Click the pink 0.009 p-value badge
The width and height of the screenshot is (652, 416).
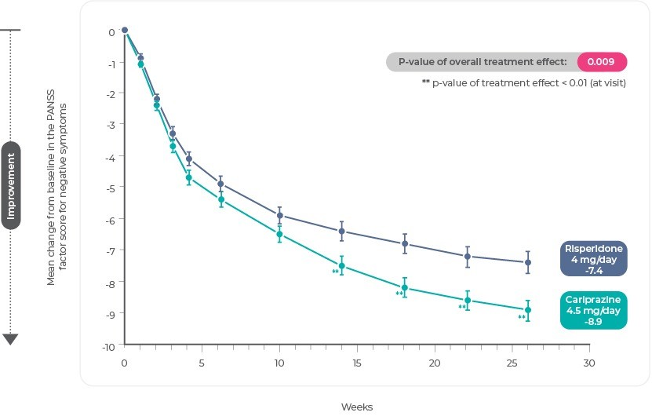point(602,62)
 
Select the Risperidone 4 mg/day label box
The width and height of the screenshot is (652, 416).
point(593,259)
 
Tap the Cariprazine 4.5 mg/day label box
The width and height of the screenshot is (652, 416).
point(593,310)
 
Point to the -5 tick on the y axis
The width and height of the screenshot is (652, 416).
point(111,188)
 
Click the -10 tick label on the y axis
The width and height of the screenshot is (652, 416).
point(109,345)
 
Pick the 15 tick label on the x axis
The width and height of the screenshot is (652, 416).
point(356,363)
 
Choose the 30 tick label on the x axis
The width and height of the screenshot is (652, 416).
point(589,363)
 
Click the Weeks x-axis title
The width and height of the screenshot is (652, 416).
point(356,407)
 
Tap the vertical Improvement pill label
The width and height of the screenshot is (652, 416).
point(11,185)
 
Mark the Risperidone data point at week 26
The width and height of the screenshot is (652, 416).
point(528,262)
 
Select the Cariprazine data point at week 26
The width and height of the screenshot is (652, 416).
point(528,310)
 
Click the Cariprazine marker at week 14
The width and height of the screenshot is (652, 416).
point(341,266)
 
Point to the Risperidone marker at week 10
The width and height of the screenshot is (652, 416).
point(279,215)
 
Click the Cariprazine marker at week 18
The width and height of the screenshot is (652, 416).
point(405,287)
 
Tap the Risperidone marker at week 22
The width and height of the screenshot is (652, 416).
point(468,257)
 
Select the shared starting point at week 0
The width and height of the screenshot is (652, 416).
point(124,31)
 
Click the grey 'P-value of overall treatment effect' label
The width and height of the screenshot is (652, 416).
point(481,62)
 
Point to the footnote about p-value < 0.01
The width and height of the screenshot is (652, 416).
point(523,82)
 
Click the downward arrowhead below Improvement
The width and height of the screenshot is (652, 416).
point(11,339)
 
